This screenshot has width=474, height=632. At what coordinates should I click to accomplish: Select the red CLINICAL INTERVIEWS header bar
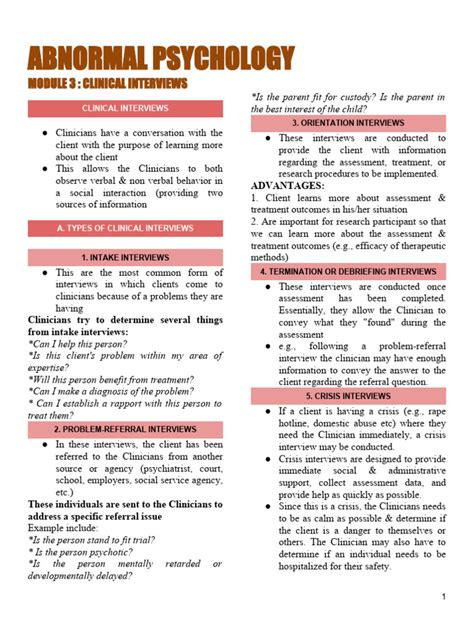tap(125, 108)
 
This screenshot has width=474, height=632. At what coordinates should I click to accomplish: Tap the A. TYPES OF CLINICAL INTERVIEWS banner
tap(125, 228)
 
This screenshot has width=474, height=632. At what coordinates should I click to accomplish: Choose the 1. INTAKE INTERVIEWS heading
tap(125, 258)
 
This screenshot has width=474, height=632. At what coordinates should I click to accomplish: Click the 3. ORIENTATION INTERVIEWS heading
tap(348, 123)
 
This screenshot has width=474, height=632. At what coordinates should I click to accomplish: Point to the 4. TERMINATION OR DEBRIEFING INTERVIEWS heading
tap(348, 271)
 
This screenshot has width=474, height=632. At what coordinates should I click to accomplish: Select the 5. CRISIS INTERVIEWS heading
tap(348, 395)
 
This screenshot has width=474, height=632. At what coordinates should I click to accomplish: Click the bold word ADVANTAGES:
tap(288, 186)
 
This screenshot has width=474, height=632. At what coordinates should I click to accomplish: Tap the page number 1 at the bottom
tap(442, 597)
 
